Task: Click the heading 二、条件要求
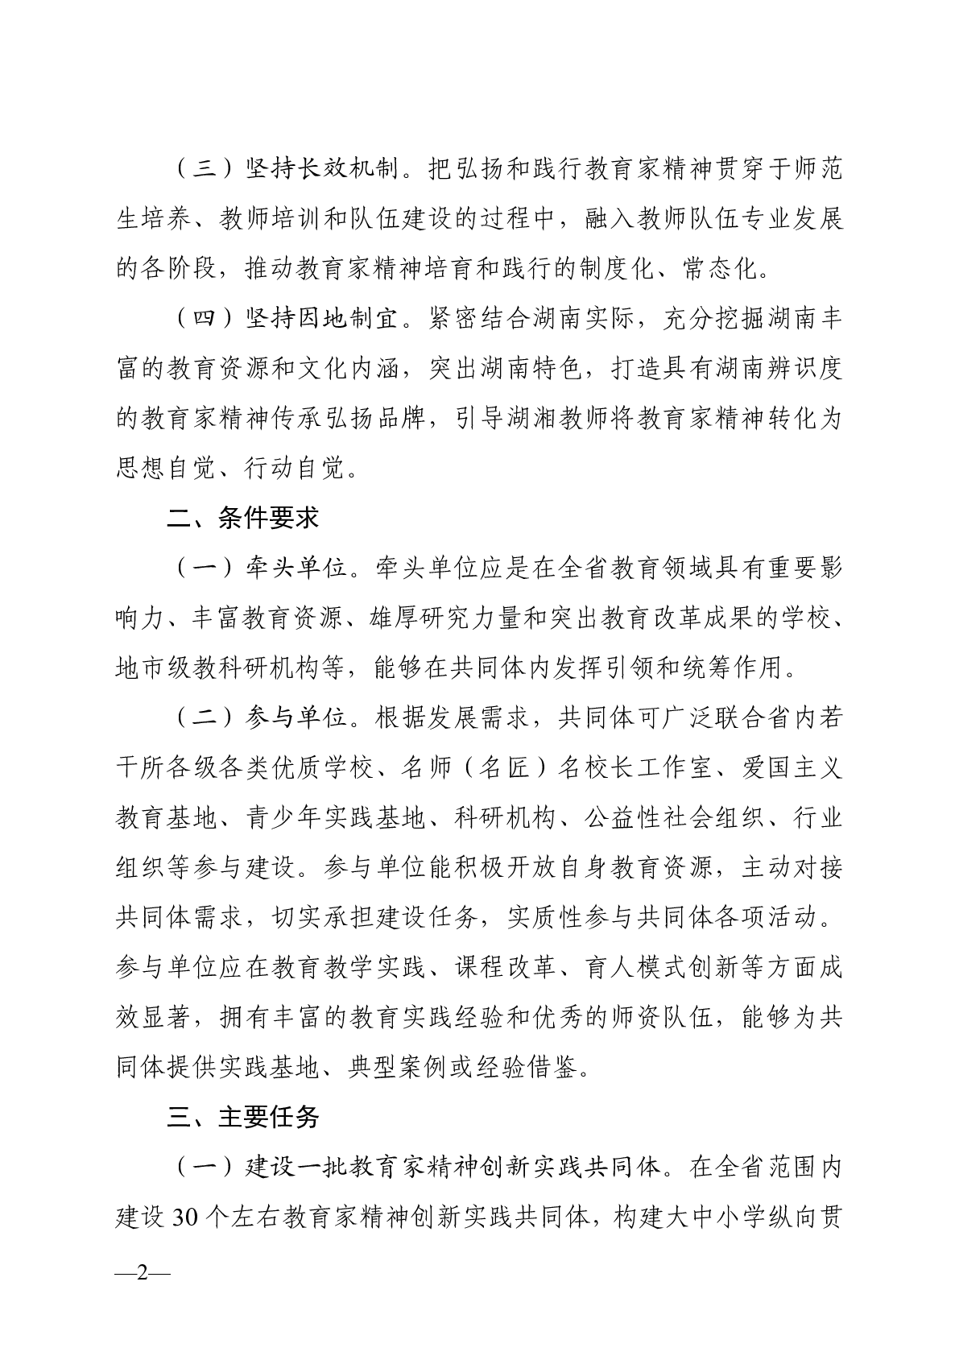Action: tap(242, 518)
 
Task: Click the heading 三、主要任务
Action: tap(242, 1117)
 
